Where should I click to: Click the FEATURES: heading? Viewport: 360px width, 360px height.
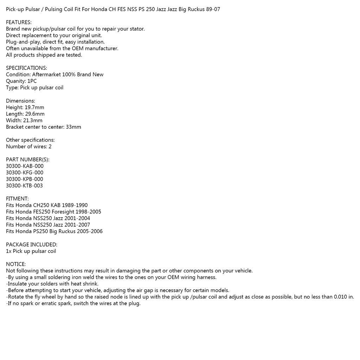(19, 22)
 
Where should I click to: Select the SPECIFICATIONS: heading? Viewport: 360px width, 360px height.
(26, 68)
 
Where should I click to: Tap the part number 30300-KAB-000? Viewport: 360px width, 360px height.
(25, 166)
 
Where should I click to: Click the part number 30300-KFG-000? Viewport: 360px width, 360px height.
(25, 173)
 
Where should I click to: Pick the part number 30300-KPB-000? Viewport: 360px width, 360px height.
(25, 179)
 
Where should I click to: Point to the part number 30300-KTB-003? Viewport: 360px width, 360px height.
(25, 186)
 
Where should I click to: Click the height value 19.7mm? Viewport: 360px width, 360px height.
(34, 108)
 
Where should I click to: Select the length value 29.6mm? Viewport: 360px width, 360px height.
(35, 114)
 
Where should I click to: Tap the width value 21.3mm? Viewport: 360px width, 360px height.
(33, 121)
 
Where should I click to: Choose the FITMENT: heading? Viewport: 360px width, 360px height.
(17, 199)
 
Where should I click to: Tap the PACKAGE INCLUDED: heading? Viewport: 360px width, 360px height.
(32, 245)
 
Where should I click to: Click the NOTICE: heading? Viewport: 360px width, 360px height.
(16, 264)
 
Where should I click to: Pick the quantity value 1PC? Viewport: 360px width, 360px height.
(32, 81)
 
